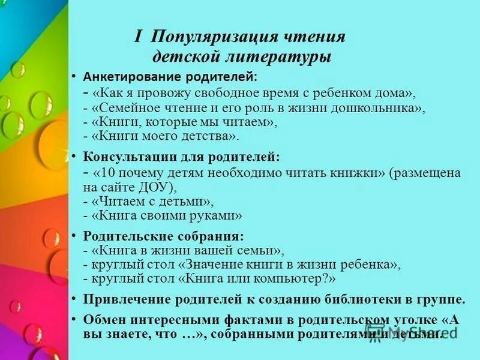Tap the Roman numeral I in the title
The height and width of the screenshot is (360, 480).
[x=138, y=37]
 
